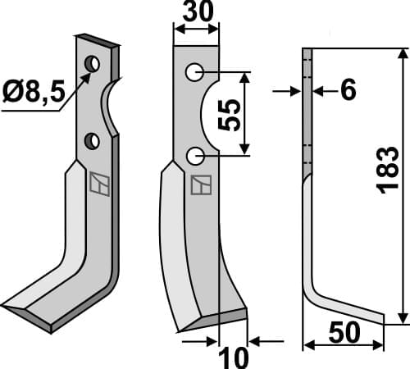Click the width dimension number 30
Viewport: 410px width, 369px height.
click(196, 13)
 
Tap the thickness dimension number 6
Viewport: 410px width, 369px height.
click(347, 91)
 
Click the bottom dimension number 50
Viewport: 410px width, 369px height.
click(344, 335)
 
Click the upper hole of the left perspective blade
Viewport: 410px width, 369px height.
click(93, 63)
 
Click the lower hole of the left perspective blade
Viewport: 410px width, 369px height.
click(94, 141)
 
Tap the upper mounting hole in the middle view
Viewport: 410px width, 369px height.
click(194, 73)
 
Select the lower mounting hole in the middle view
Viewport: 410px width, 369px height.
click(194, 154)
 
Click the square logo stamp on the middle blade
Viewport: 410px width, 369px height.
click(199, 185)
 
